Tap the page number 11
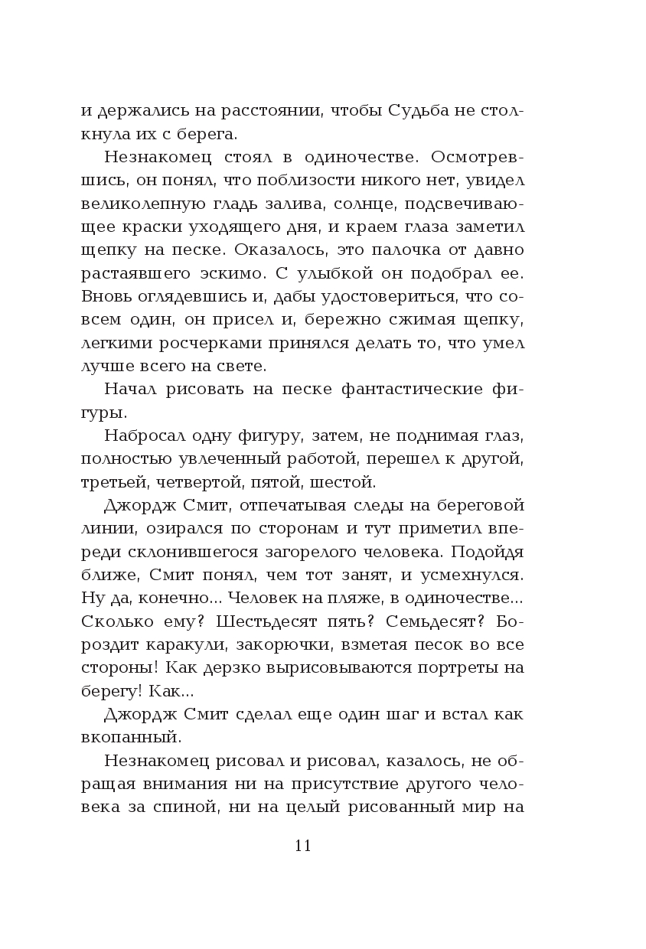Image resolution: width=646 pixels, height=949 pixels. (x=302, y=846)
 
